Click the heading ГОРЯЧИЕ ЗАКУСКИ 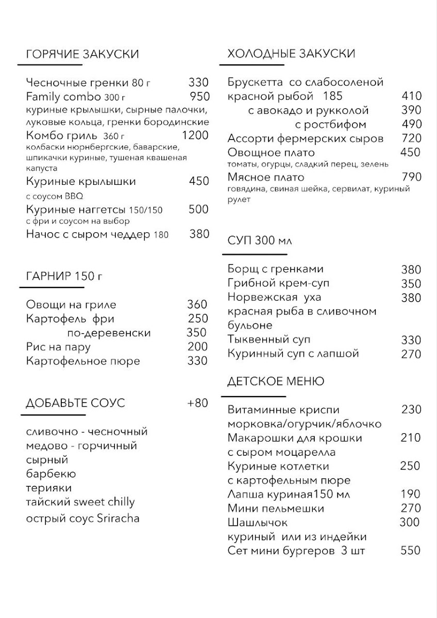coord(82,55)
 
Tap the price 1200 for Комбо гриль coord(195,136)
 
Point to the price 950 coord(199,97)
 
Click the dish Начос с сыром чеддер coord(88,234)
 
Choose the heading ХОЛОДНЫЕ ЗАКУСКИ coord(291,54)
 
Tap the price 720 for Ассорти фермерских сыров coord(411,139)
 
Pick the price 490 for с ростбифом coord(411,124)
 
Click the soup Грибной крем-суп coord(278,283)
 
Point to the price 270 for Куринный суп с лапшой coord(411,354)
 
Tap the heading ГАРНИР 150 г coord(64,276)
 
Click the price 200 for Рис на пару coord(197,347)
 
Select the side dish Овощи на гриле coord(71,304)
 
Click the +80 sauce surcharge coord(197,403)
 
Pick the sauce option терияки coord(49,488)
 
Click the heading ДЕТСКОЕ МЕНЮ coord(276,382)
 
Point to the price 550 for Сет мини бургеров coord(411,551)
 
